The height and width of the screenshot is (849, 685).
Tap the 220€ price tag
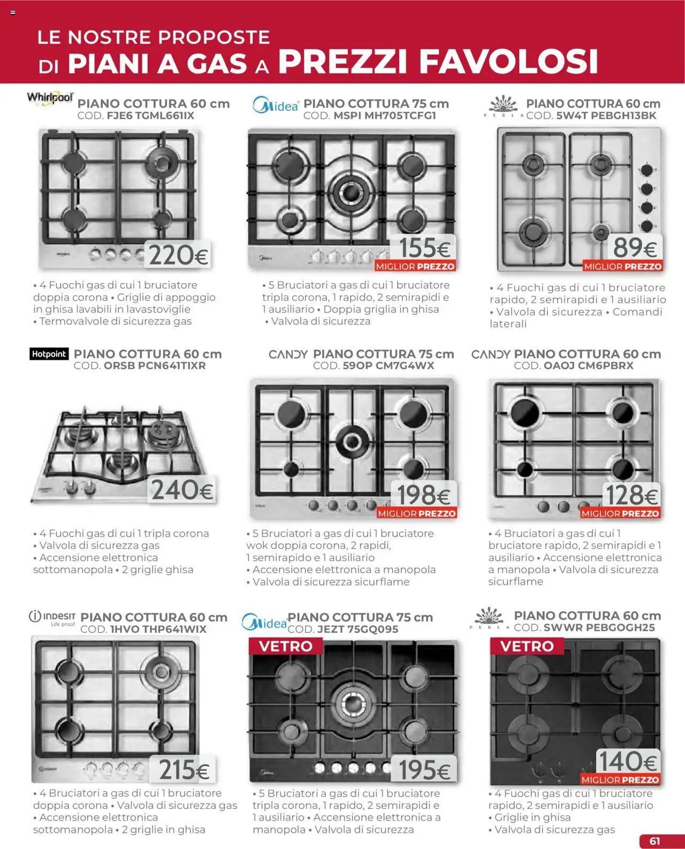[x=178, y=255]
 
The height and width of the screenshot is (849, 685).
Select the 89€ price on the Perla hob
[x=635, y=247]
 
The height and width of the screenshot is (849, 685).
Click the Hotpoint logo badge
[x=49, y=354]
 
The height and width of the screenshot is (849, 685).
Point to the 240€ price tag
[x=182, y=490]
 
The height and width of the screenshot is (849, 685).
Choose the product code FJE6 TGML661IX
[x=136, y=116]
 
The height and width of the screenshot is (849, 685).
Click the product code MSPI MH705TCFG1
[x=370, y=116]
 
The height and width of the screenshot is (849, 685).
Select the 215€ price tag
[x=184, y=770]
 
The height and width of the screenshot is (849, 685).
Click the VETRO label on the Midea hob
[x=285, y=646]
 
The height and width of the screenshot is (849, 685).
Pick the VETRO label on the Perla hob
[x=527, y=646]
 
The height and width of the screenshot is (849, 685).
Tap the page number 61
[x=654, y=841]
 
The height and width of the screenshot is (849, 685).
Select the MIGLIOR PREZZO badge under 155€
[x=415, y=267]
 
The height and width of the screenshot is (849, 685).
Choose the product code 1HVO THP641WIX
[x=143, y=630]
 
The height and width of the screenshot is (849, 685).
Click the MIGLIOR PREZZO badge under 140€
[x=620, y=780]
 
